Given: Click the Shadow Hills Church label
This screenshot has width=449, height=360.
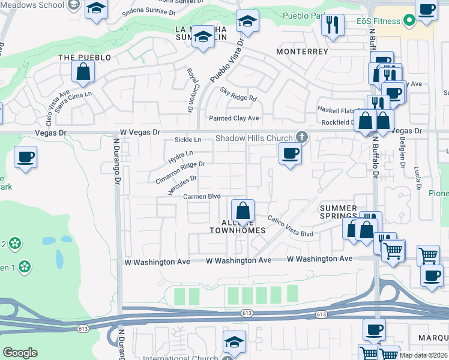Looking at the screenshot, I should pyautogui.click(x=255, y=138).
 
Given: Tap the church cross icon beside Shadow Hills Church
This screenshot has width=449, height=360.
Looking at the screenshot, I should pyautogui.click(x=302, y=137).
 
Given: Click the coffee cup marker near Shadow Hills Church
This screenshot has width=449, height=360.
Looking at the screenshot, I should pyautogui.click(x=290, y=154).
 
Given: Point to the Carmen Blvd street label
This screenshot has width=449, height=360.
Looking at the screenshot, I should pyautogui.click(x=202, y=196).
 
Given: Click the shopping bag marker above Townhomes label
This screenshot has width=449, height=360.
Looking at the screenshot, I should pyautogui.click(x=243, y=211).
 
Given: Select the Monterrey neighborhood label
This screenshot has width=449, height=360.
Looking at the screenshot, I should pyautogui.click(x=302, y=52).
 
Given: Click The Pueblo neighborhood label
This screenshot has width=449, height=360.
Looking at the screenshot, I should pyautogui.click(x=85, y=58).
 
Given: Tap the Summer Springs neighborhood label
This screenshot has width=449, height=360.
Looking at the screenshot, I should pyautogui.click(x=338, y=212).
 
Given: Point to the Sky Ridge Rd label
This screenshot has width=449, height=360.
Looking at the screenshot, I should pyautogui.click(x=238, y=94).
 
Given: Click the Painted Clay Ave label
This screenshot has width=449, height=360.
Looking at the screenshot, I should pyautogui.click(x=234, y=118).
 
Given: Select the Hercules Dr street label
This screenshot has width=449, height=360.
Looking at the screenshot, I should pyautogui.click(x=182, y=185).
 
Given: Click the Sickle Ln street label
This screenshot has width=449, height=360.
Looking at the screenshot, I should pyautogui.click(x=186, y=140).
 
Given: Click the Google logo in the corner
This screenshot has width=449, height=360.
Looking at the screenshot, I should pyautogui.click(x=20, y=353).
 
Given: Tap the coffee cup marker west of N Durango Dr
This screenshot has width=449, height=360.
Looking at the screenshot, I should pyautogui.click(x=26, y=158).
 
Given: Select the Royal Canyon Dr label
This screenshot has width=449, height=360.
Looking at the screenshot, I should pyautogui.click(x=190, y=90).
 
